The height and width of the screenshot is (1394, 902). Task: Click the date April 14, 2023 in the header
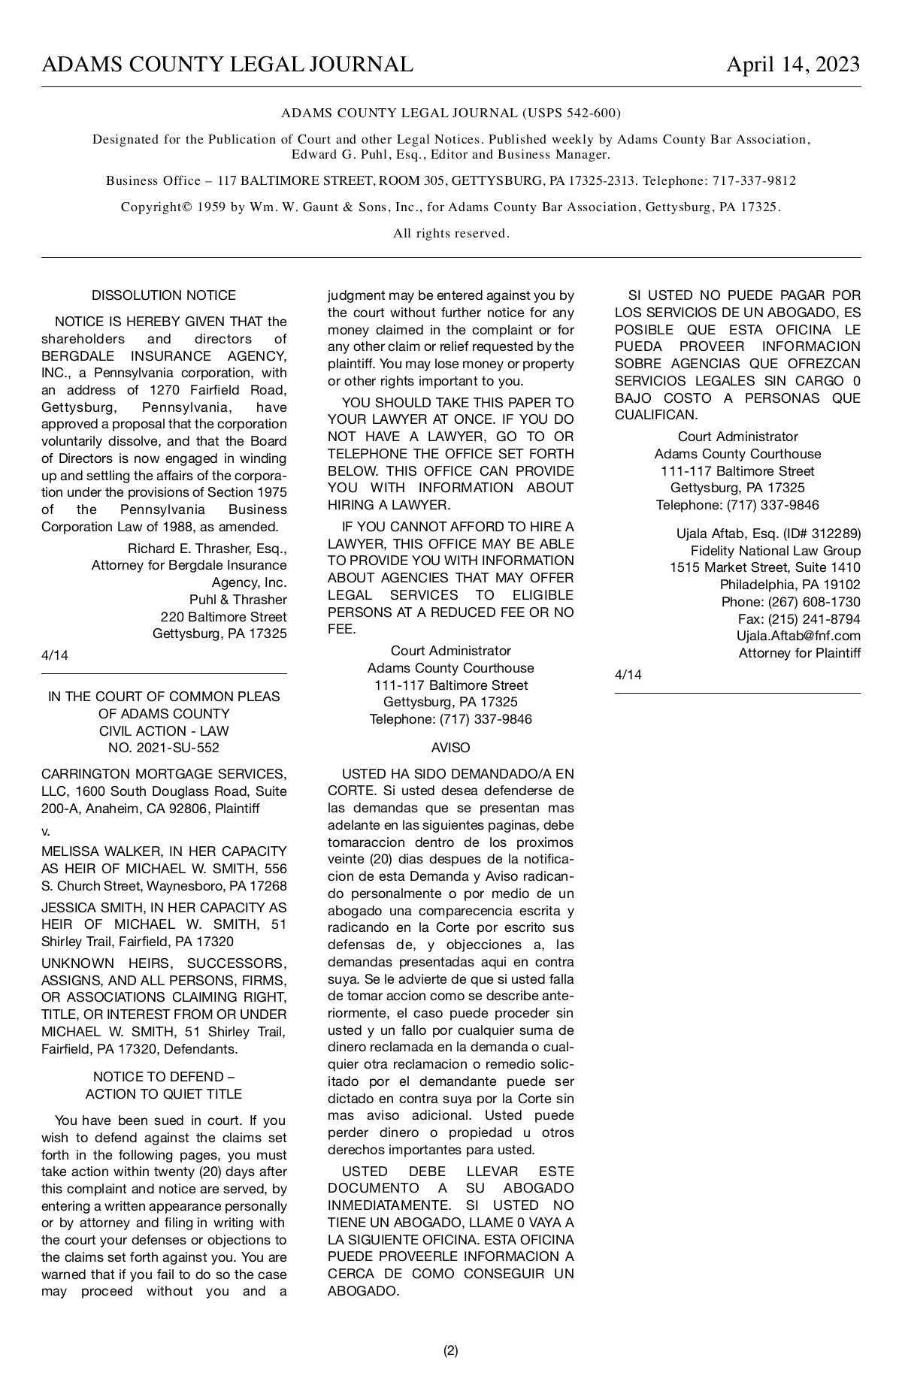pos(792,65)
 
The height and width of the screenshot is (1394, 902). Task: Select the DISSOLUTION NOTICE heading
pos(164,295)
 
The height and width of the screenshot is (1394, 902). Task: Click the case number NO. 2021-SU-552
pos(164,748)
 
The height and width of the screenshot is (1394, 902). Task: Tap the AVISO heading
pos(450,748)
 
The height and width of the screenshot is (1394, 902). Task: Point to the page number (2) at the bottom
pos(450,1350)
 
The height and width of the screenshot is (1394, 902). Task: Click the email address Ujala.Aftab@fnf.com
pos(798,636)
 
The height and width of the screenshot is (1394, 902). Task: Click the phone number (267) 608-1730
pos(814,602)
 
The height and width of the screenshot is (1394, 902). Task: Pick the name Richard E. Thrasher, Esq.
pos(207,548)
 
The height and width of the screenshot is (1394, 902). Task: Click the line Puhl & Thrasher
pos(238,600)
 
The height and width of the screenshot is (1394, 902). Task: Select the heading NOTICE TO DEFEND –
pos(164,1077)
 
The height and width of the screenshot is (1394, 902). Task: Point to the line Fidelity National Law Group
pos(776,551)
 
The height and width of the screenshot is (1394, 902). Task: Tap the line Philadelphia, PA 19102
pos(790,585)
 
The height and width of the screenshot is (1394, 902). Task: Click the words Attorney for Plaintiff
pos(799,653)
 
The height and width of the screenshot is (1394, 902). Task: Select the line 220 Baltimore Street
pos(223,617)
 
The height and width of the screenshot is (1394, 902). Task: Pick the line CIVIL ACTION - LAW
pos(164,730)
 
